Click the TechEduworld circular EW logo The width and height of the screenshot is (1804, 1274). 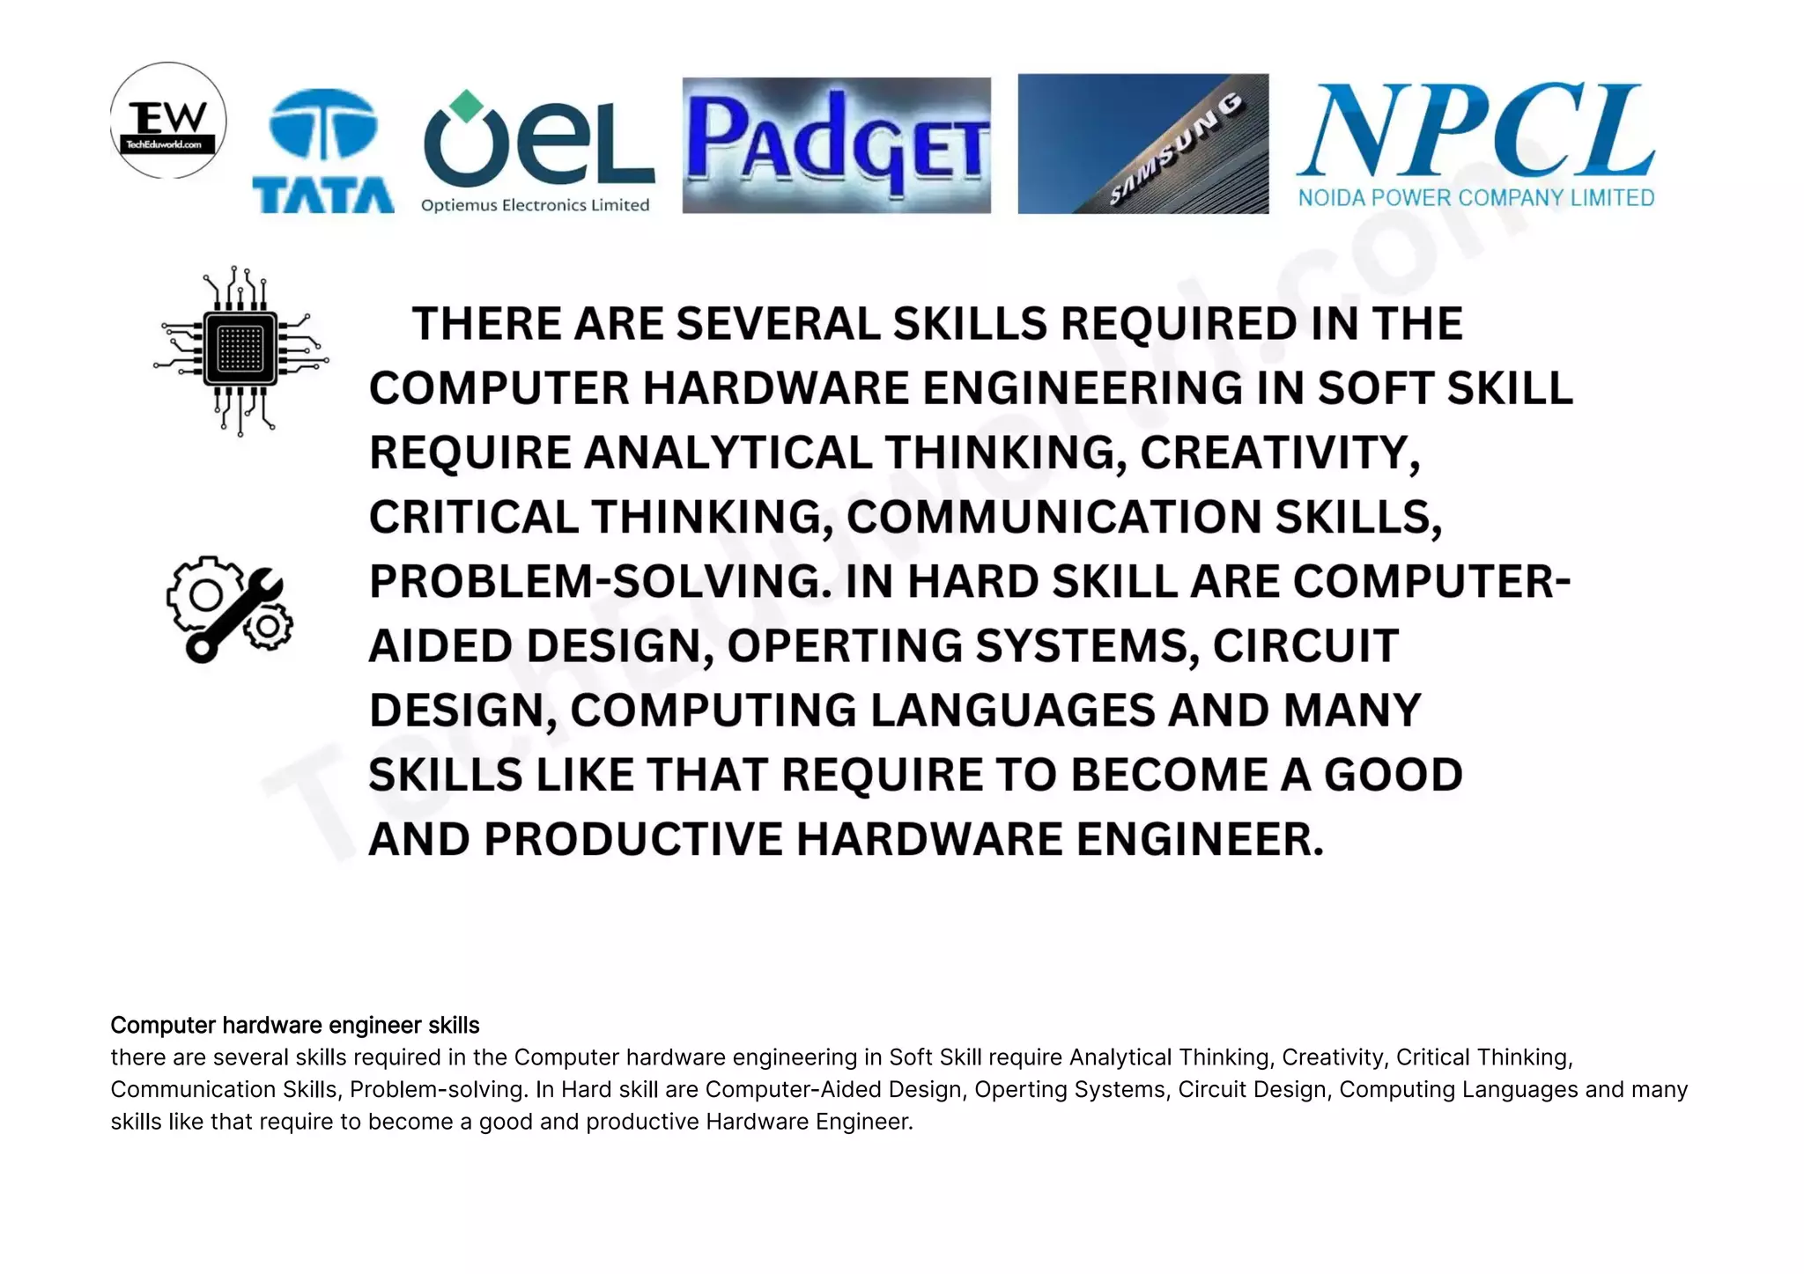coord(167,121)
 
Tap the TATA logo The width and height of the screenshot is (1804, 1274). coord(322,151)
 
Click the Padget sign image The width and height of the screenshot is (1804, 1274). coord(836,145)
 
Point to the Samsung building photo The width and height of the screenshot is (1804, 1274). coord(1142,144)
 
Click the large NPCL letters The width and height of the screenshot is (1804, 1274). coord(1475,130)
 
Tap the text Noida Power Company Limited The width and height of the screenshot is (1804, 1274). coord(1475,198)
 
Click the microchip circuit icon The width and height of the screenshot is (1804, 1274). coord(240,350)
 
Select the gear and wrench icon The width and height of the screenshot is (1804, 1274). coord(229,609)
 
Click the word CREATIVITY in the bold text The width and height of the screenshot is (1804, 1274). coord(1279,453)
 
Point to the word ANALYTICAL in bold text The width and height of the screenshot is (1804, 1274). coord(728,453)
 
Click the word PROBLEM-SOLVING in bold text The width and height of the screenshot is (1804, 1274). coord(599,582)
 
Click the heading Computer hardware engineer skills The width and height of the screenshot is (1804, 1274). coord(294,1026)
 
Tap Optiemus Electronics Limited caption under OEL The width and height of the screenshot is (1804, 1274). coord(535,205)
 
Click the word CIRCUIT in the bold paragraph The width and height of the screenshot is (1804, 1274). coord(1305,646)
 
